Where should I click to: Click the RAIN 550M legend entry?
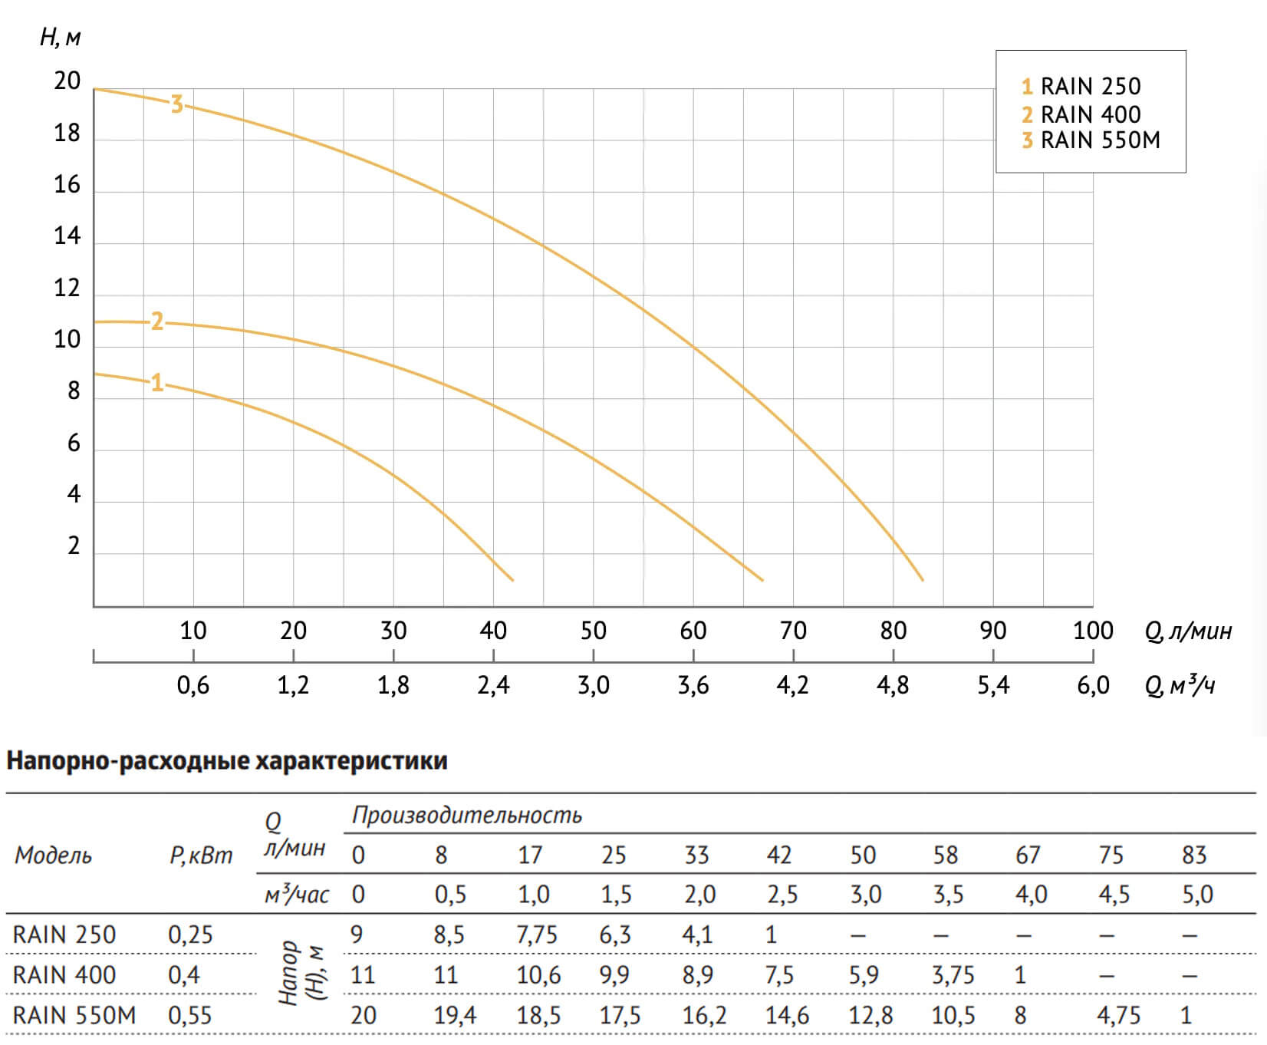(1091, 140)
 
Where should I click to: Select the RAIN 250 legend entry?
(1081, 86)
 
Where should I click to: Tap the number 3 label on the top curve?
(176, 104)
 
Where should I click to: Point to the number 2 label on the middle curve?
(157, 321)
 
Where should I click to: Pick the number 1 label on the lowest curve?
(157, 381)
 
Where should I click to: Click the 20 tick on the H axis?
(67, 81)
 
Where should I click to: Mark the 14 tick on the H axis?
(67, 236)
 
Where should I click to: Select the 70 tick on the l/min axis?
(793, 631)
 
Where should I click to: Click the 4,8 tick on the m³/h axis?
(893, 685)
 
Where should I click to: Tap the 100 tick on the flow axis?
(1093, 631)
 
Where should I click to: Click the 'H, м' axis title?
(60, 37)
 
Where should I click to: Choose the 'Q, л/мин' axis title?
(1188, 631)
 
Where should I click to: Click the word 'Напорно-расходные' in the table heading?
(127, 761)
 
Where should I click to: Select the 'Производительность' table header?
(466, 815)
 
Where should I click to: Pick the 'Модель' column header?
(53, 855)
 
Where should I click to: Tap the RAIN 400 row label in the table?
(64, 975)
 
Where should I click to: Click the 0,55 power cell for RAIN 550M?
(189, 1015)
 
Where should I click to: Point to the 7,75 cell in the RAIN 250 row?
(537, 935)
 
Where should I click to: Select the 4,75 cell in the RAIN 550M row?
(1118, 1015)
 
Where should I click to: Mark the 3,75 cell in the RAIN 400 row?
(953, 975)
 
